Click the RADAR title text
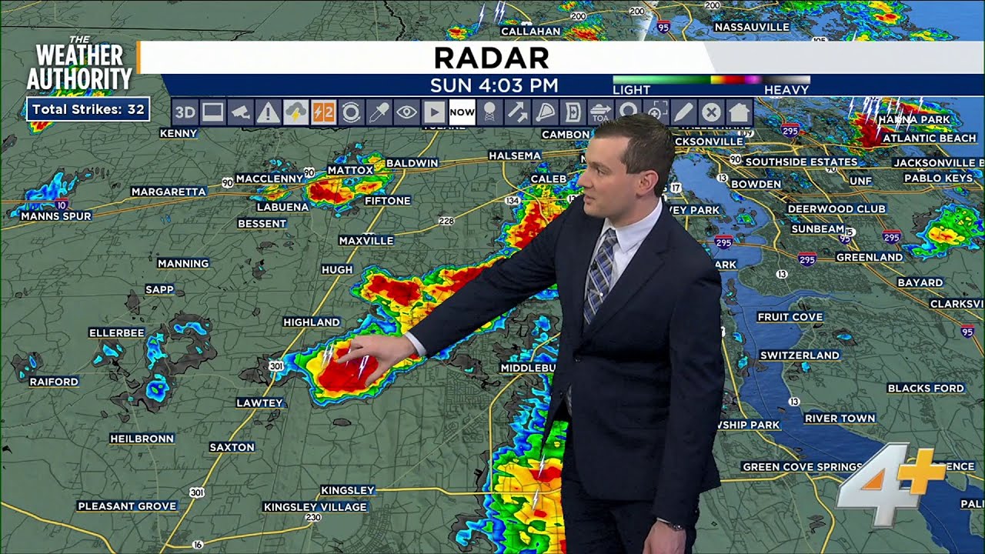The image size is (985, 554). [x=491, y=58]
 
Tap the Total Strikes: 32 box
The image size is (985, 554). [x=88, y=109]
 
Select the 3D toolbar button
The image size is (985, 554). [x=185, y=113]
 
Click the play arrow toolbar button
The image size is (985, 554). [x=434, y=113]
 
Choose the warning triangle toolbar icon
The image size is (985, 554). [x=268, y=113]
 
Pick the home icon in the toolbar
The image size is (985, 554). [x=739, y=113]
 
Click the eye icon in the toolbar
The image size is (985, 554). [x=406, y=113]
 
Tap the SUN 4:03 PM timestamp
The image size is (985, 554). [x=494, y=85]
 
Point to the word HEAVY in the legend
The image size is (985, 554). [x=786, y=90]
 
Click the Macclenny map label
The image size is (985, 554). [x=269, y=179]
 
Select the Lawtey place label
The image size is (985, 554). [x=259, y=402]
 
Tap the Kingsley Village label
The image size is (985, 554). [x=315, y=507]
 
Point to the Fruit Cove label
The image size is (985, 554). [x=790, y=317]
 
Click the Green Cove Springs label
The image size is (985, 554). [x=802, y=467]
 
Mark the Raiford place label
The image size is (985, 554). [x=54, y=382]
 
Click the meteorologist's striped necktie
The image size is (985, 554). [x=599, y=273]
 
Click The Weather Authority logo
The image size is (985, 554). [x=79, y=65]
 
